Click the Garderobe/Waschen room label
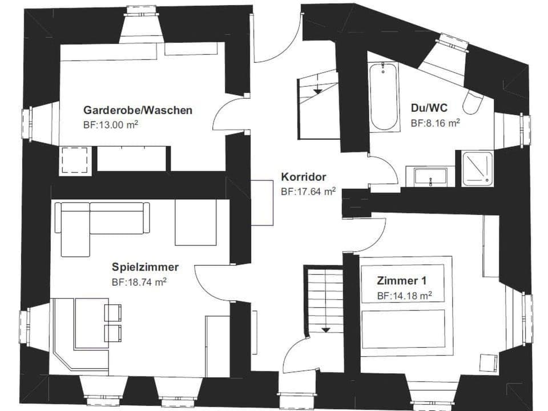pyautogui.click(x=138, y=110)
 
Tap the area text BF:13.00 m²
pyautogui.click(x=111, y=123)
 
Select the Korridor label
pyautogui.click(x=303, y=177)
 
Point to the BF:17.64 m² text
pyautogui.click(x=308, y=192)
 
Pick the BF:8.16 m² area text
pyautogui.click(x=435, y=122)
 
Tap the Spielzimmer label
pyautogui.click(x=146, y=267)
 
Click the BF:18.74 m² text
pyautogui.click(x=139, y=281)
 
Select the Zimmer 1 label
pyautogui.click(x=401, y=281)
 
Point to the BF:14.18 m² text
pyautogui.click(x=404, y=296)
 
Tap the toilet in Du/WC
pyautogui.click(x=473, y=103)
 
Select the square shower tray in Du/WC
pyautogui.click(x=477, y=168)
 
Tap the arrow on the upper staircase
pyautogui.click(x=317, y=90)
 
